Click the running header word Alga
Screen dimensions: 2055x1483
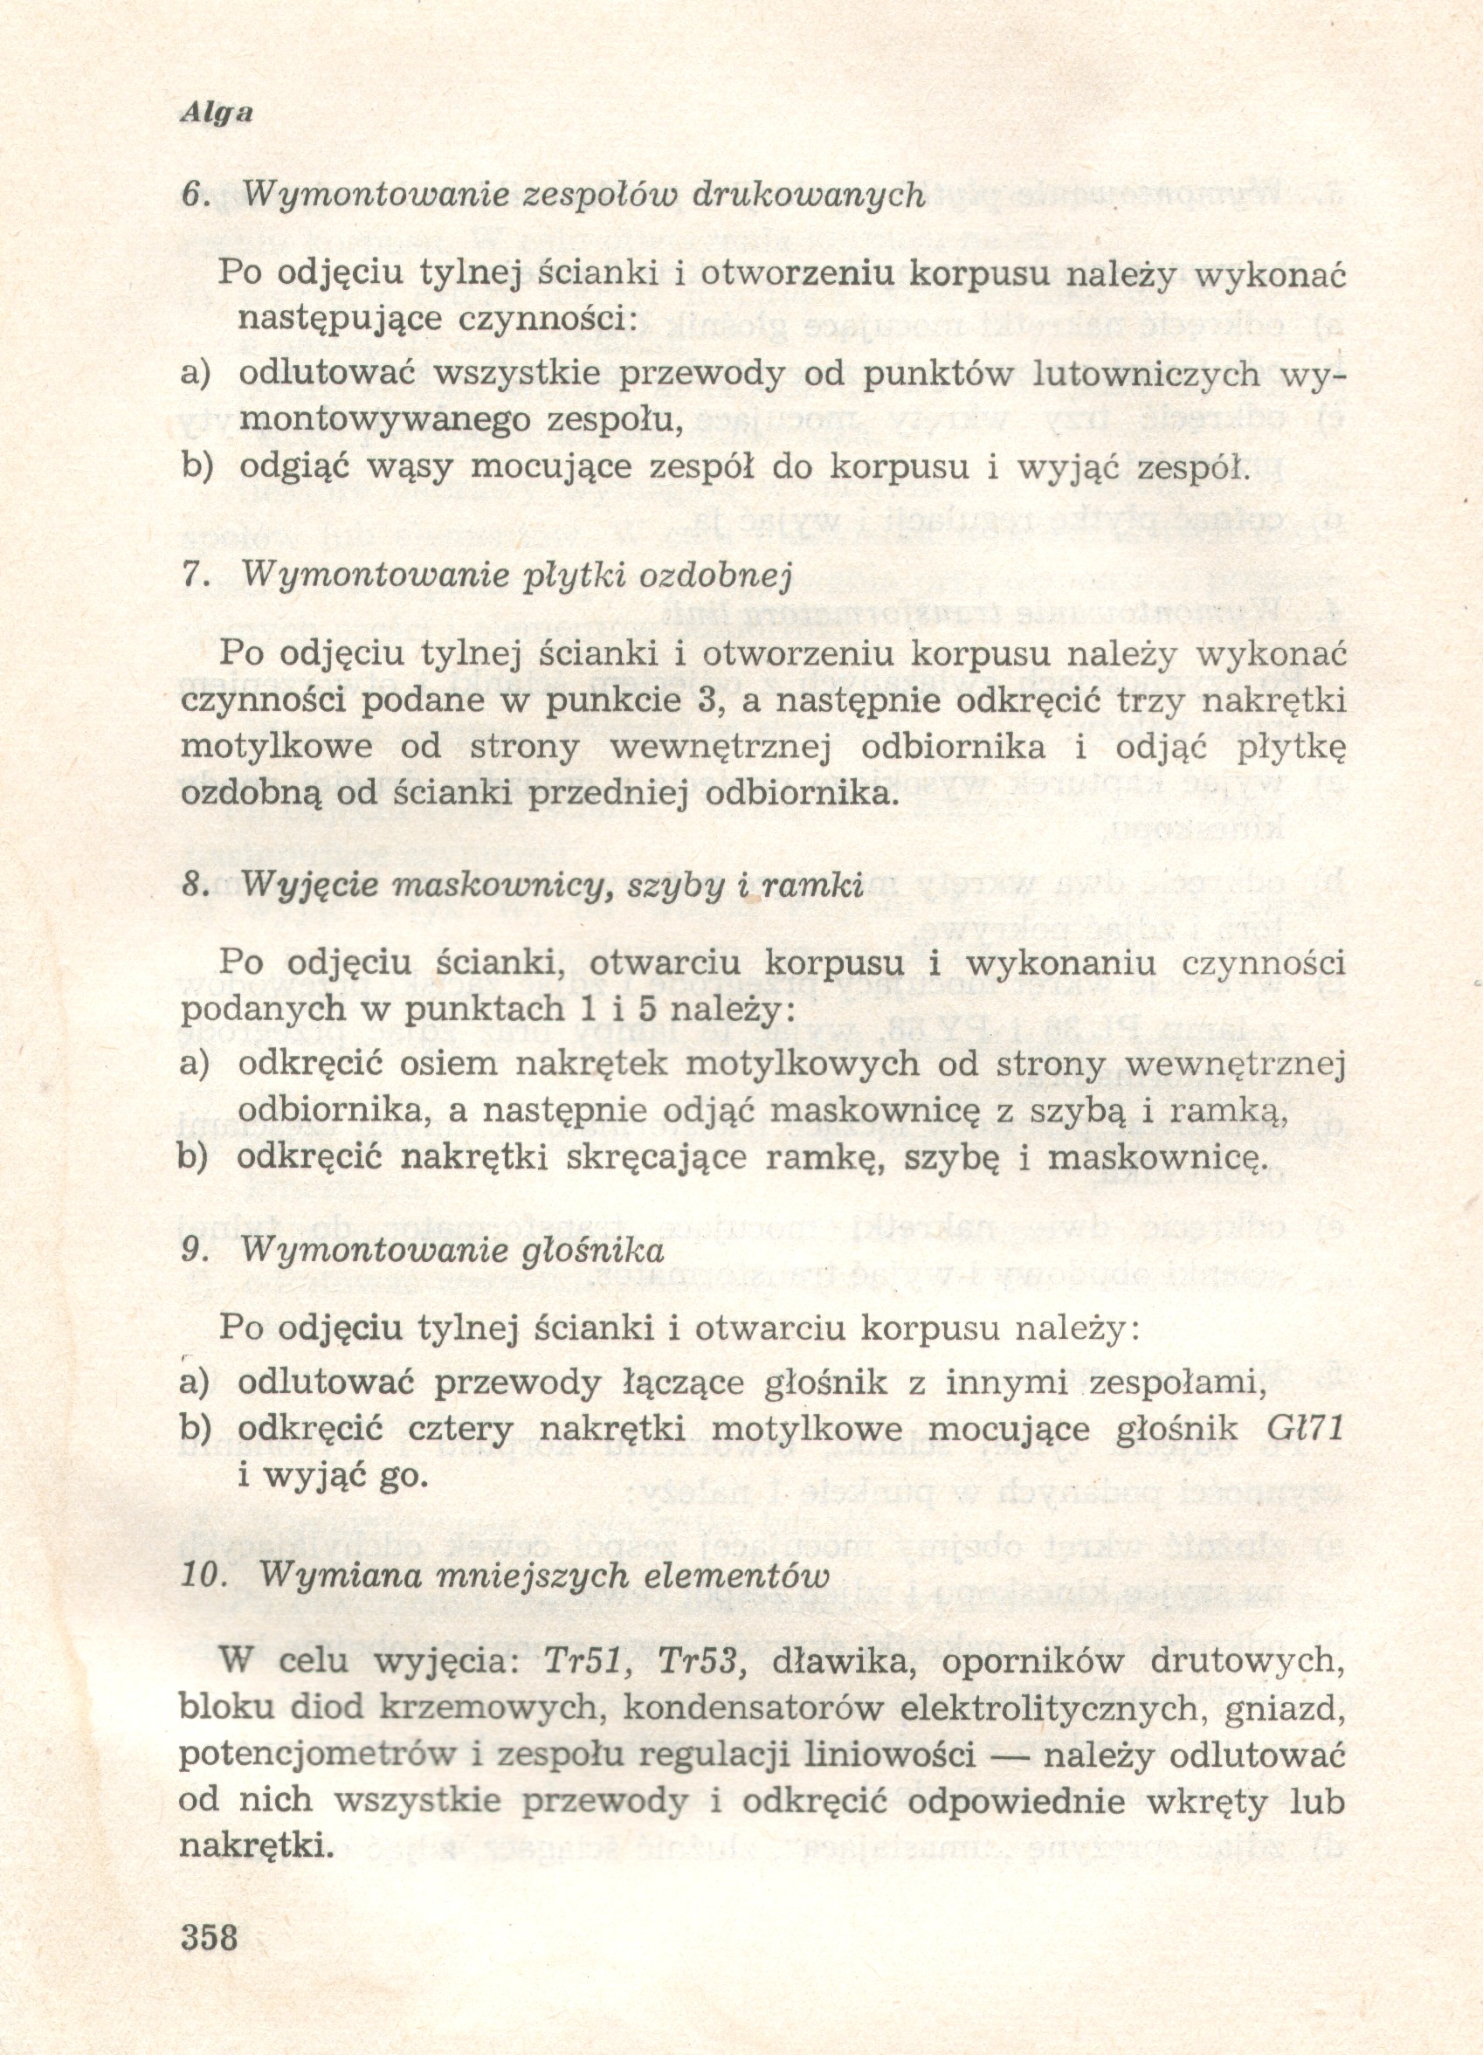click(216, 114)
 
